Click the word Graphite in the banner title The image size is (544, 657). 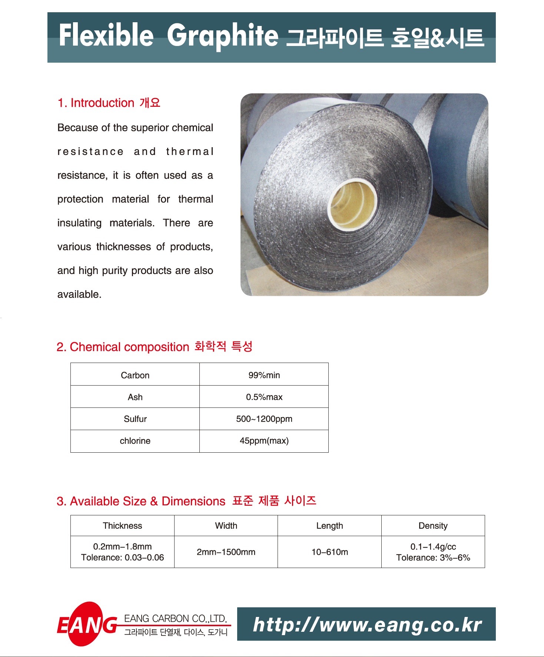[x=222, y=36]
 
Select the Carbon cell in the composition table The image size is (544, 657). [x=135, y=375]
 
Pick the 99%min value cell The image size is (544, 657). [x=264, y=375]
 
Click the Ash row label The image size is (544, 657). [x=135, y=397]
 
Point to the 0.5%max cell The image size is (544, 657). [x=264, y=397]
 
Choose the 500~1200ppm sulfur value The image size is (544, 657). [x=264, y=419]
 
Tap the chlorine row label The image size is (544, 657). [x=135, y=441]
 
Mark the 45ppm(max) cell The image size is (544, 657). [x=264, y=441]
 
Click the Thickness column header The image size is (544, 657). [x=122, y=526]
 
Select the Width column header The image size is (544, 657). [x=226, y=526]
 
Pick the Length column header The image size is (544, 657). [x=329, y=526]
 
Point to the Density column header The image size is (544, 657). [x=433, y=526]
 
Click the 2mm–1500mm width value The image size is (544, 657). [x=226, y=552]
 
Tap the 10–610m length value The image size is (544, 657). [x=329, y=552]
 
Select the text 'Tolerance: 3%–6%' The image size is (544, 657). [x=433, y=558]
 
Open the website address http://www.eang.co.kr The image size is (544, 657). [x=367, y=624]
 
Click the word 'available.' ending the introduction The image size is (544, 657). [x=79, y=294]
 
